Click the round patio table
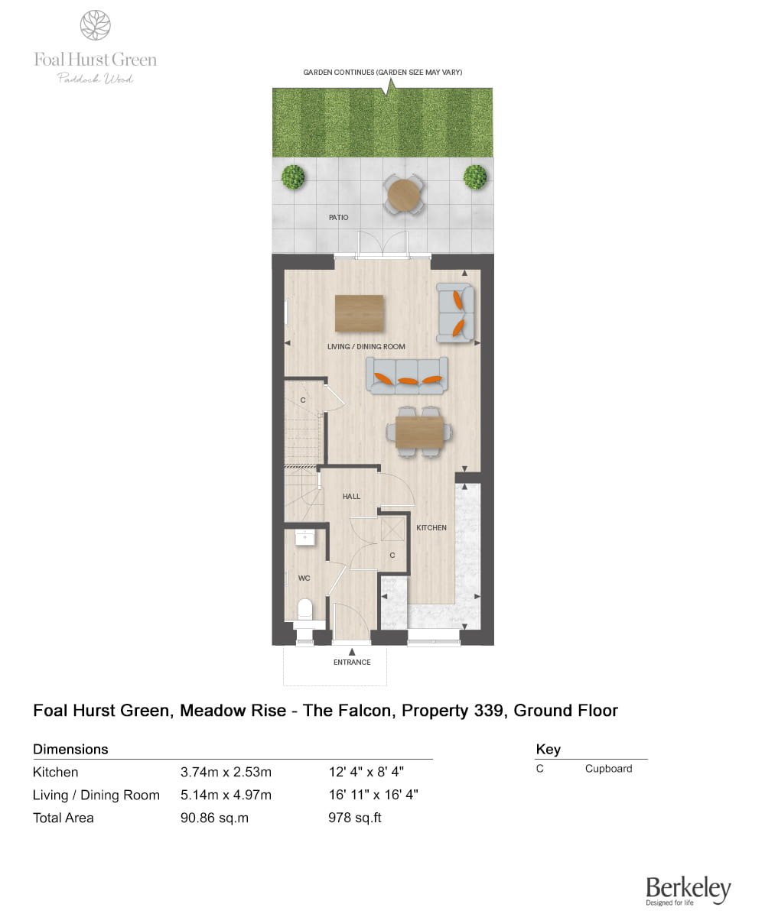click(x=403, y=195)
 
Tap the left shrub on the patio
click(x=293, y=177)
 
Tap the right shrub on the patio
click(x=474, y=177)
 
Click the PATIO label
click(x=338, y=218)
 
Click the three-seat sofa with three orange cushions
click(x=407, y=375)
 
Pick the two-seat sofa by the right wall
click(x=455, y=312)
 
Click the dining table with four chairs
click(x=418, y=432)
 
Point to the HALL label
click(x=351, y=497)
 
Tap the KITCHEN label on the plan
click(x=431, y=528)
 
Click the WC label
click(x=304, y=578)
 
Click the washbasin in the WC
click(x=304, y=536)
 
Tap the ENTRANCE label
click(x=352, y=663)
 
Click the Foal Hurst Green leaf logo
click(x=96, y=25)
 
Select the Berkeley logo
click(x=688, y=889)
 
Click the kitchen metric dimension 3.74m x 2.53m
click(x=226, y=772)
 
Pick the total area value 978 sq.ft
click(x=354, y=818)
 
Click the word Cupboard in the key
click(x=608, y=769)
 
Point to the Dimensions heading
click(x=70, y=749)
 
